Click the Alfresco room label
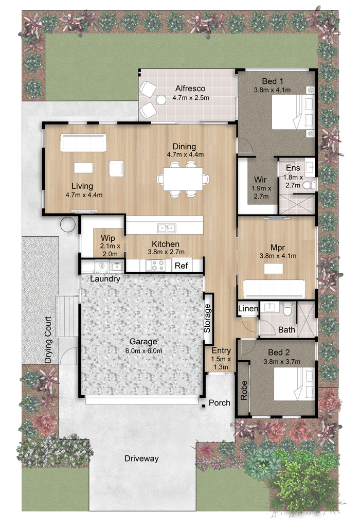tap(190, 89)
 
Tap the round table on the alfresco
tap(161, 100)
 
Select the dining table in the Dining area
tap(183, 179)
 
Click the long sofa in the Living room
tap(83, 143)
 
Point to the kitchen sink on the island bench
tap(167, 228)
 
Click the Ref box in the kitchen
tap(182, 266)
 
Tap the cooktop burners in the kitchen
tap(155, 265)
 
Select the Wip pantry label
tap(108, 238)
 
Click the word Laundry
tap(105, 279)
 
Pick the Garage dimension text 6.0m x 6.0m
tap(144, 351)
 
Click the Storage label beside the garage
tap(207, 319)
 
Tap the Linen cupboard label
tap(248, 308)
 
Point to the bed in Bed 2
tap(294, 383)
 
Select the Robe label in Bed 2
tap(244, 391)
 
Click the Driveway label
tap(141, 459)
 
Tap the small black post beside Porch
tap(204, 406)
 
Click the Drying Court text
tap(48, 340)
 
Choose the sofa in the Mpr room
tap(275, 289)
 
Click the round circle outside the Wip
tap(68, 224)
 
